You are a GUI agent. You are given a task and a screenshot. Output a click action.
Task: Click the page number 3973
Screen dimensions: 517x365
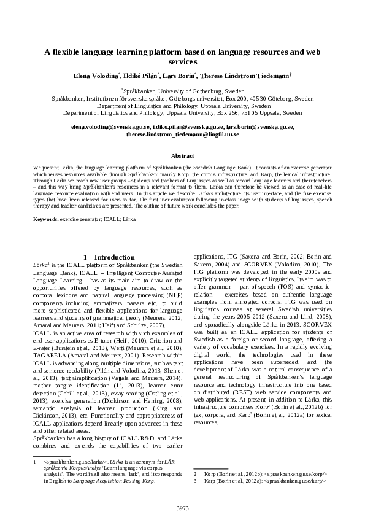182,508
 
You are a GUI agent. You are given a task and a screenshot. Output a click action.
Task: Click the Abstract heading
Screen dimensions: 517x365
182,156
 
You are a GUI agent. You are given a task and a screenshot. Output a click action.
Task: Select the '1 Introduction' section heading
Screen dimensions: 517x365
109,257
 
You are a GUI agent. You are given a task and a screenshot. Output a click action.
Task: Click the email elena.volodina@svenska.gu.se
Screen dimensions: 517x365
107,126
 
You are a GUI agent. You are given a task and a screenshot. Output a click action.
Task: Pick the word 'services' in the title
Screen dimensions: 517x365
182,61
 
